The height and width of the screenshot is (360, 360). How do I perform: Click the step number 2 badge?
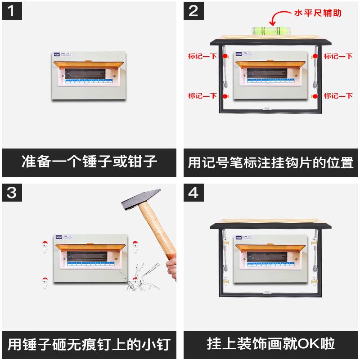click(193, 11)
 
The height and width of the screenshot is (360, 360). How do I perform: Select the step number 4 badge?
click(193, 193)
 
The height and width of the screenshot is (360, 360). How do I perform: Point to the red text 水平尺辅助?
click(318, 13)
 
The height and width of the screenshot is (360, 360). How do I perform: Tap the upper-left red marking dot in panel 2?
click(226, 57)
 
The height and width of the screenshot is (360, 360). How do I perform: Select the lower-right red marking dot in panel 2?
click(315, 96)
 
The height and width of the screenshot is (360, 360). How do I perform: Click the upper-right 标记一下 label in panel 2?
click(338, 57)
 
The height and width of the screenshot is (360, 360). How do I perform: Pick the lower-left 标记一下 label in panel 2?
click(202, 96)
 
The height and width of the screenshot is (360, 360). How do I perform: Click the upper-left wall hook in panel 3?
click(45, 246)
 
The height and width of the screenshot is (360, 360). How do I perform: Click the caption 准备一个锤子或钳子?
click(90, 162)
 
